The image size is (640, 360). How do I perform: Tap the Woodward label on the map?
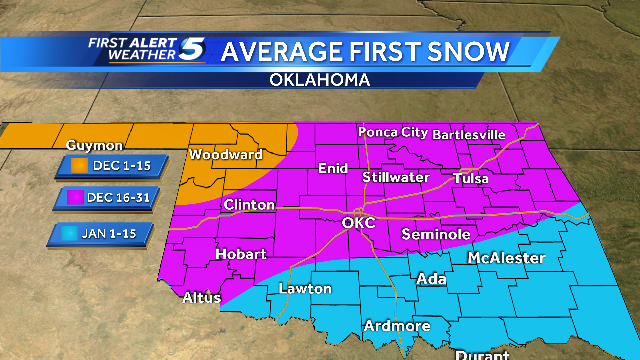(226, 155)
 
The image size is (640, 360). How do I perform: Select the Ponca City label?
(393, 132)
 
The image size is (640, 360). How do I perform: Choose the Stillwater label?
(396, 178)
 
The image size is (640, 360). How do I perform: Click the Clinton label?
(249, 205)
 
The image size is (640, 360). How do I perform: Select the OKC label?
(358, 222)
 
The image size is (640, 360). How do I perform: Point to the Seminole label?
(435, 234)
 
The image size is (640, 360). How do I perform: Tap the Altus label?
(202, 297)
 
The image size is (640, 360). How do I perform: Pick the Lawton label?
(305, 289)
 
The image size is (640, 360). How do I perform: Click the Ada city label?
(431, 278)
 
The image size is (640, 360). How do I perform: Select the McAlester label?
(506, 259)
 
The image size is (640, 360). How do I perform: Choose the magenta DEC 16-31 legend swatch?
(74, 199)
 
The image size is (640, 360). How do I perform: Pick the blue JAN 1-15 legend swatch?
(74, 234)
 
